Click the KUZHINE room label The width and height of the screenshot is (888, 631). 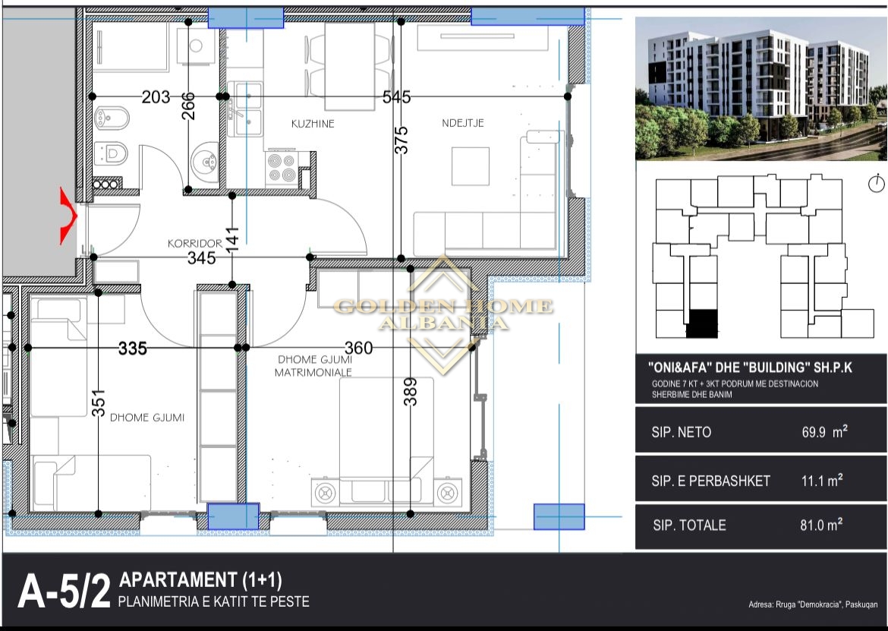pyautogui.click(x=313, y=124)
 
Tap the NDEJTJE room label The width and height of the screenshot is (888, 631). pyautogui.click(x=463, y=123)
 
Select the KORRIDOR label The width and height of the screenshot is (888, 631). pyautogui.click(x=195, y=244)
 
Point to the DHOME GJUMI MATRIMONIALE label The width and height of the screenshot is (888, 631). pyautogui.click(x=313, y=366)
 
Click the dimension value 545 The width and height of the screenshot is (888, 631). pyautogui.click(x=396, y=97)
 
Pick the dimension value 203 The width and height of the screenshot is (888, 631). pyautogui.click(x=156, y=97)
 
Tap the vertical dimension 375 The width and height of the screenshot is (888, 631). pyautogui.click(x=401, y=140)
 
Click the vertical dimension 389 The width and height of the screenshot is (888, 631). pyautogui.click(x=411, y=392)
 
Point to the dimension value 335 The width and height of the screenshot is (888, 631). pyautogui.click(x=133, y=348)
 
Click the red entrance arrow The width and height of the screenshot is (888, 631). pyautogui.click(x=68, y=216)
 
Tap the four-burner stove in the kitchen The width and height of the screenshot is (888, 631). pyautogui.click(x=282, y=169)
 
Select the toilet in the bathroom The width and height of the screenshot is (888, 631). pyautogui.click(x=111, y=153)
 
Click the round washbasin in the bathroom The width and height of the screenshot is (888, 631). pyautogui.click(x=204, y=162)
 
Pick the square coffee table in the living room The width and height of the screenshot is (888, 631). pyautogui.click(x=470, y=166)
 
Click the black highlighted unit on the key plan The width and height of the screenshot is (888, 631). pyautogui.click(x=702, y=324)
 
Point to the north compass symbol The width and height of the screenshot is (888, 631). pyautogui.click(x=876, y=184)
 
